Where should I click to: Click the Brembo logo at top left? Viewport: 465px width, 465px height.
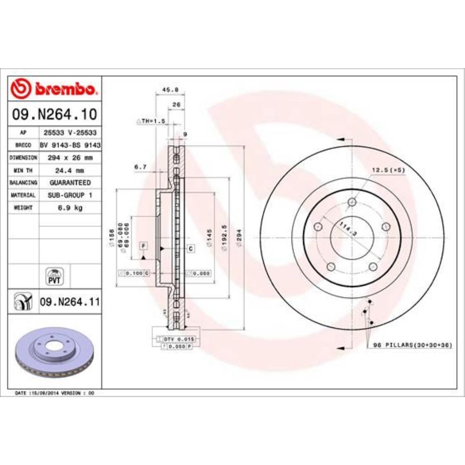(54, 88)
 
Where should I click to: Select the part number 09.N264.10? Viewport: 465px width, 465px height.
(54, 113)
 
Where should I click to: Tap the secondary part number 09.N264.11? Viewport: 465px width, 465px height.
(69, 302)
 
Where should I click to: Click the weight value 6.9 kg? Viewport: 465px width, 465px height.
(70, 208)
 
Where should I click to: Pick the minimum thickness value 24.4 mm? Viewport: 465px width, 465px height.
(70, 170)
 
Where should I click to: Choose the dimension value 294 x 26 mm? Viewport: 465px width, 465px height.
(70, 158)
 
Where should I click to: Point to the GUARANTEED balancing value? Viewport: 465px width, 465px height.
(70, 183)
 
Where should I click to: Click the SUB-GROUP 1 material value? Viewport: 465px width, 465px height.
(70, 195)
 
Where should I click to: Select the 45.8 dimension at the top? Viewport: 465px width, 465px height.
(167, 90)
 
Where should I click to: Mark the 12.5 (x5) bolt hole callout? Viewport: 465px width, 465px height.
(388, 170)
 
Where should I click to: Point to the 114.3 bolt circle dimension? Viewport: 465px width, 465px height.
(345, 229)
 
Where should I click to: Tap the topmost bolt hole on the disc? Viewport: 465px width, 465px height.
(352, 202)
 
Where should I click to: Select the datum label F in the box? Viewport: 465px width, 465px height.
(143, 245)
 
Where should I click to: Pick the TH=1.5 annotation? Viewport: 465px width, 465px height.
(151, 121)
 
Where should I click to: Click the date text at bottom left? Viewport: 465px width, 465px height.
(55, 393)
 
